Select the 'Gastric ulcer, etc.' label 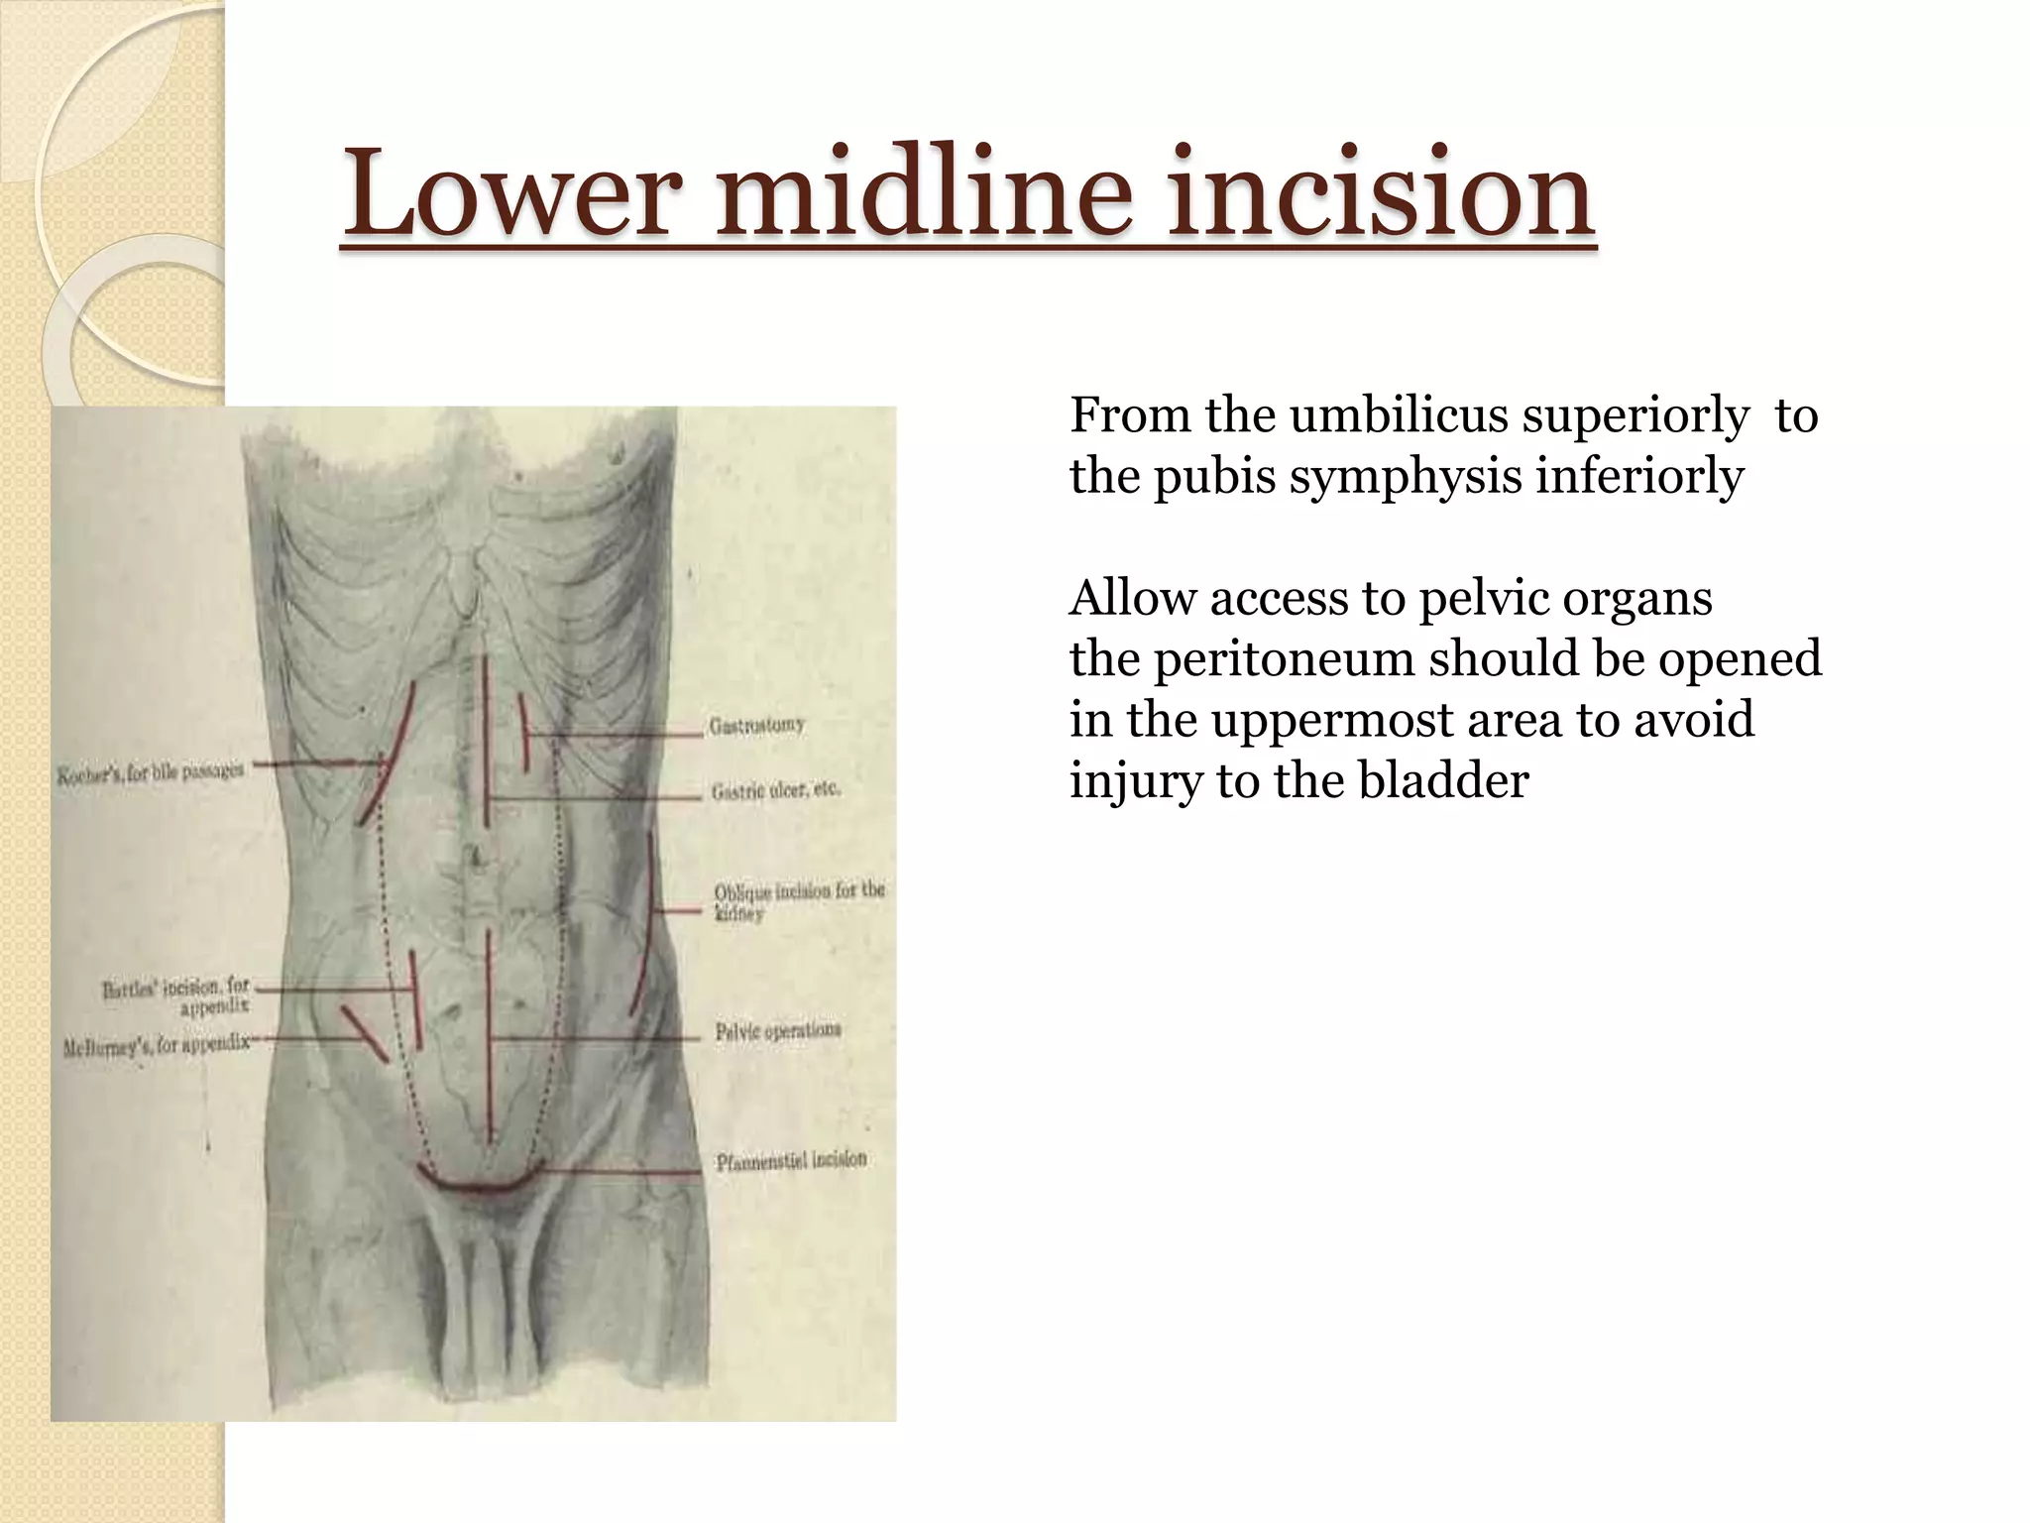coord(776,790)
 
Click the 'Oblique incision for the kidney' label coord(798,900)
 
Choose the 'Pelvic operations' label coord(778,1031)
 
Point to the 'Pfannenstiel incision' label coord(791,1159)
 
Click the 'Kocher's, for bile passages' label coord(150,772)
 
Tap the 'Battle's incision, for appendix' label coord(177,996)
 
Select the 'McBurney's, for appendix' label coord(157,1045)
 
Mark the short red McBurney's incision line coord(364,1033)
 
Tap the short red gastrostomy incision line coord(522,732)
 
